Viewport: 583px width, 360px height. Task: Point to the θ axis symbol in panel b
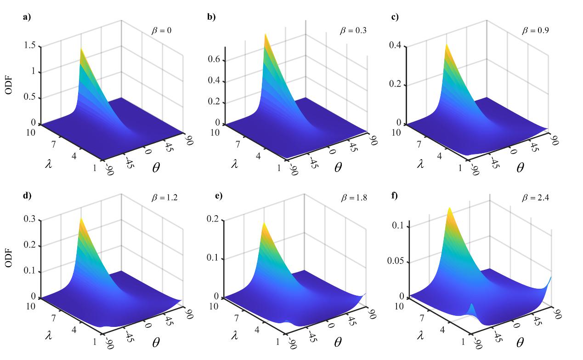coord(338,167)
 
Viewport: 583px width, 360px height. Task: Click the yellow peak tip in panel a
coord(81,48)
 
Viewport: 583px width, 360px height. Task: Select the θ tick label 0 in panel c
coord(513,150)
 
